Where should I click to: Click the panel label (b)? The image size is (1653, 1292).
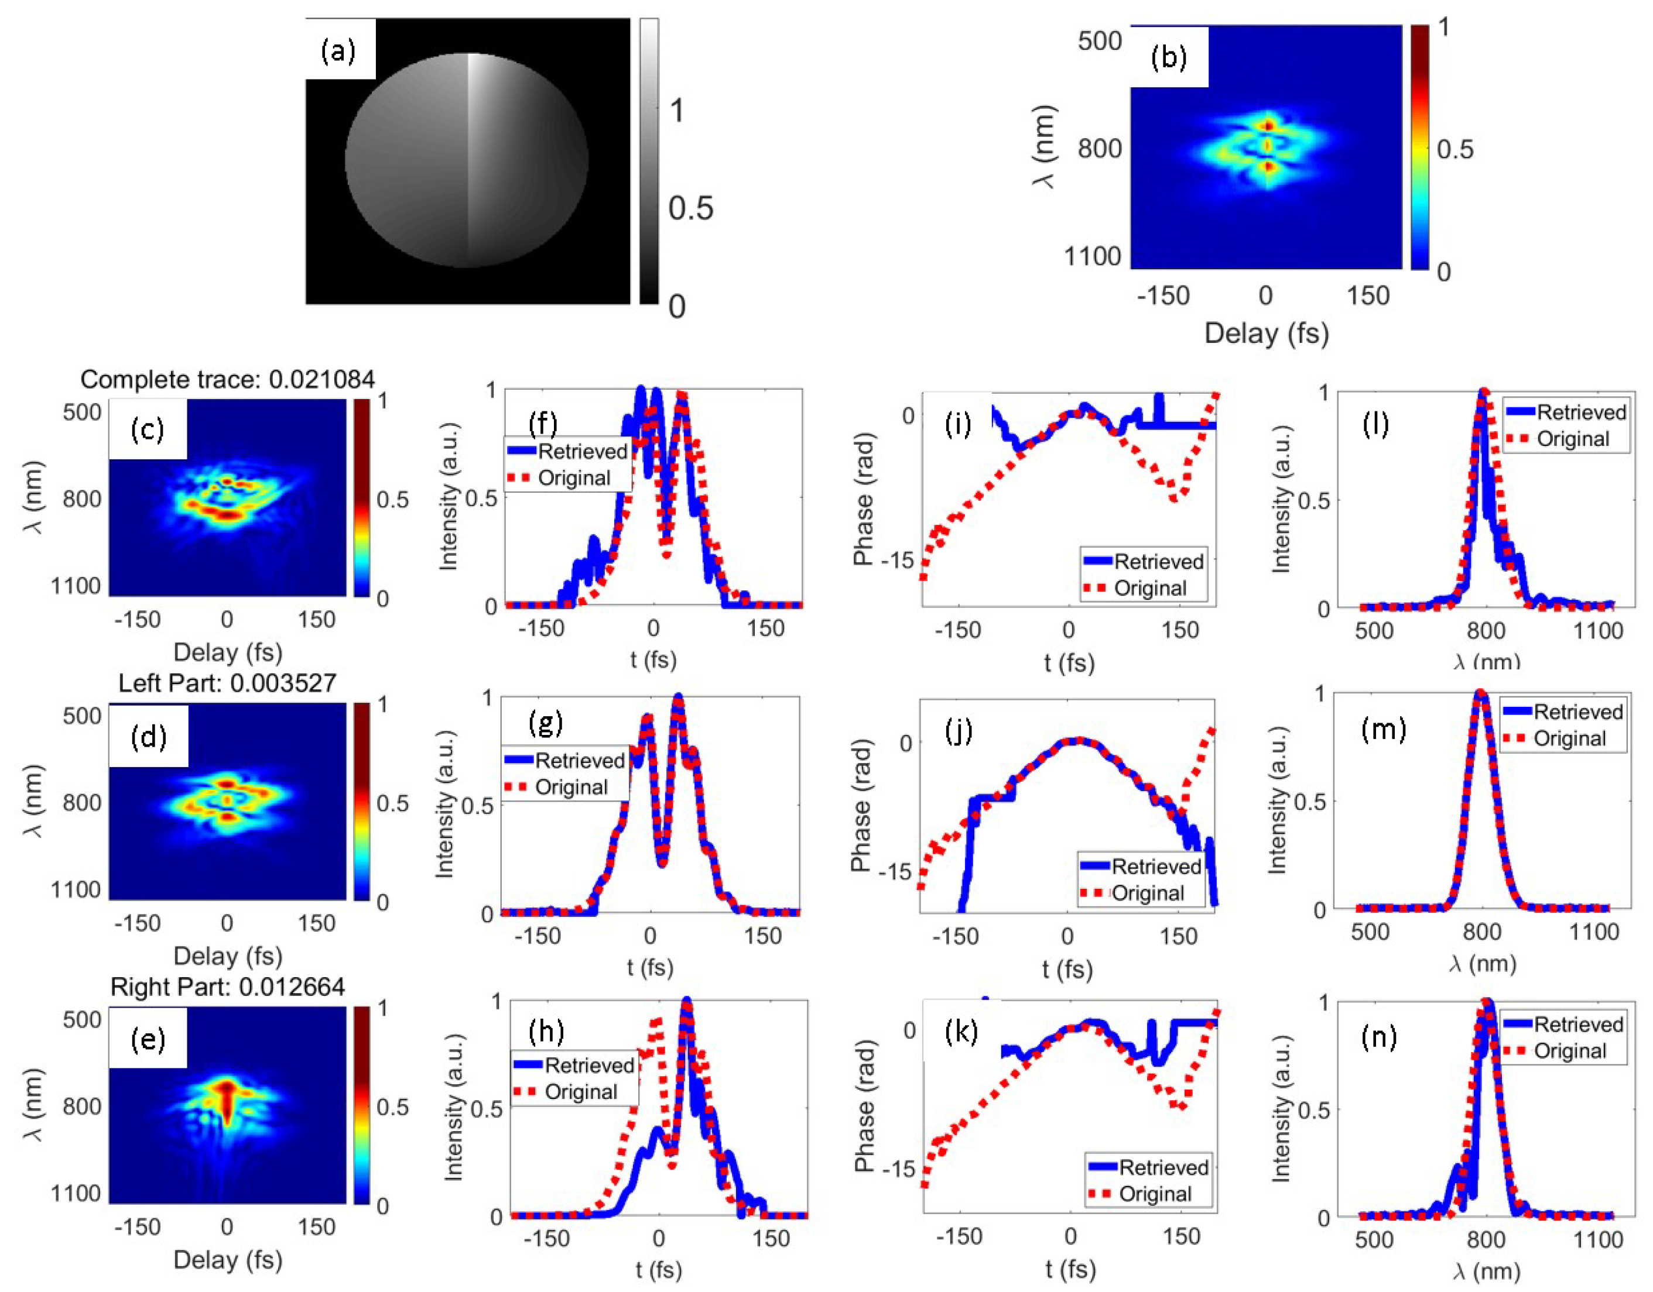point(1169,57)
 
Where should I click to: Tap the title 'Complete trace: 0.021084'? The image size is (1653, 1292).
point(227,380)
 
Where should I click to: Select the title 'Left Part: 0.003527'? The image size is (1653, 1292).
point(227,683)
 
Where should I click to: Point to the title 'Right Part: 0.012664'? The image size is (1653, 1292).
point(227,987)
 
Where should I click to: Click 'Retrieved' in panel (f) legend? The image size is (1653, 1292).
point(582,452)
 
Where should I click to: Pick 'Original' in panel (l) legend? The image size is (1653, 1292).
point(1572,439)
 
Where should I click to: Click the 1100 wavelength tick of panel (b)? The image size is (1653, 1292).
point(1092,256)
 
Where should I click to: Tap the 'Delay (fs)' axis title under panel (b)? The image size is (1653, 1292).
point(1266,333)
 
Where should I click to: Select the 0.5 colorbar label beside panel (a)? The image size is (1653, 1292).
point(690,209)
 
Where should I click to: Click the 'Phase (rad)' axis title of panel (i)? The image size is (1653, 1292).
point(864,499)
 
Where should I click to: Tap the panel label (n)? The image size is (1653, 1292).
point(1378,1037)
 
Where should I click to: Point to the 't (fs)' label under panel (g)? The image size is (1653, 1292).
point(649,967)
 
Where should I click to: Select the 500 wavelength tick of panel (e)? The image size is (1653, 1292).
point(82,1020)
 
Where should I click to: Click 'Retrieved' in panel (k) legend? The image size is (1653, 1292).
point(1163,1167)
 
